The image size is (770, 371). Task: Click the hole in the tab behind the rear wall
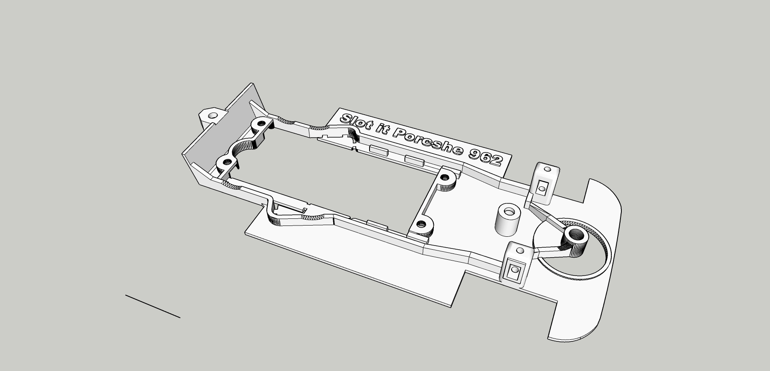(x=213, y=115)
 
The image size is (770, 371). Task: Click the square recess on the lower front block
(x=513, y=270)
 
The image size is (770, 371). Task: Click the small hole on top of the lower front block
(x=520, y=251)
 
